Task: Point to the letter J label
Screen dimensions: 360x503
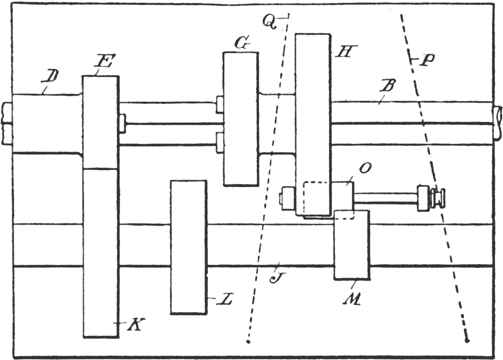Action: pos(275,276)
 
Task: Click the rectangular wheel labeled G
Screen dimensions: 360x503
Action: pos(241,118)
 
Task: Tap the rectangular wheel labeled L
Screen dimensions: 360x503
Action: pos(189,247)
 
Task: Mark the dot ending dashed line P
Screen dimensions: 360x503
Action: pos(467,340)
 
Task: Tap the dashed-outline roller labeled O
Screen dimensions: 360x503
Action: pos(327,199)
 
